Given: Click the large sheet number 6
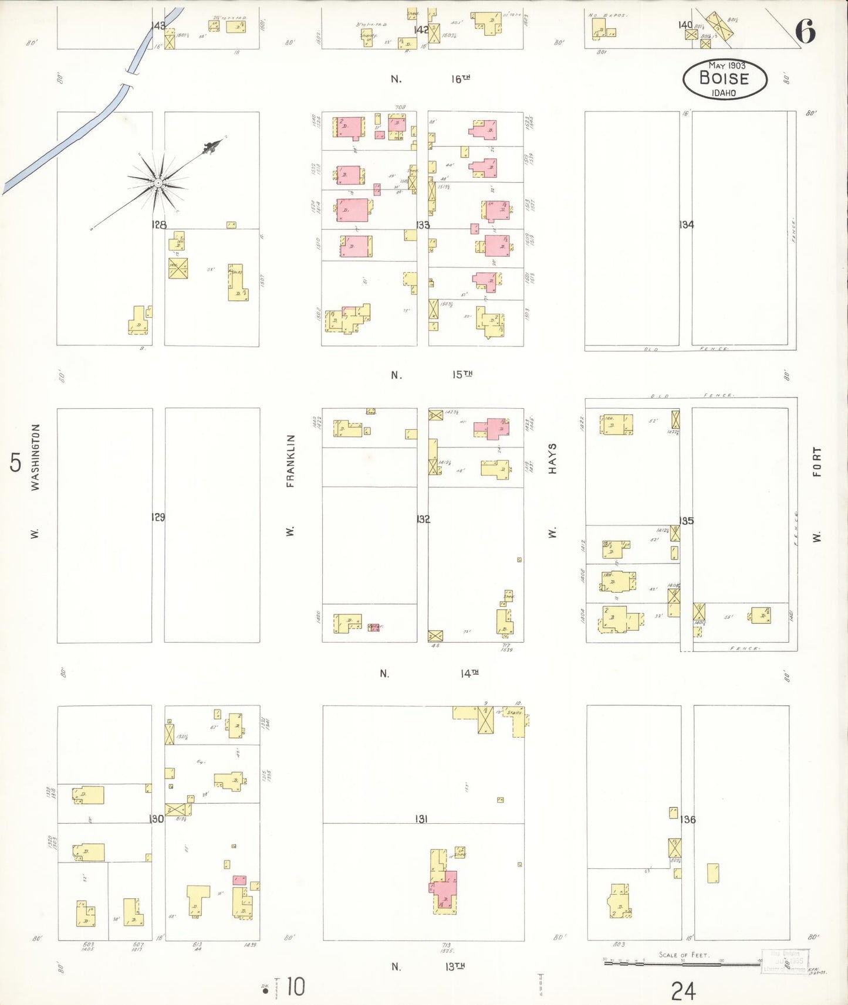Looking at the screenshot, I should [x=806, y=32].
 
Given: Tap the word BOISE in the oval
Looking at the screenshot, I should [x=724, y=78].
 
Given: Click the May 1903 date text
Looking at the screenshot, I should [x=727, y=65].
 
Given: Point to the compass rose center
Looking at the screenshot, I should [x=157, y=184].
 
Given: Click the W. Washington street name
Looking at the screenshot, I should [x=35, y=457].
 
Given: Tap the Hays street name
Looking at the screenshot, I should [x=552, y=459].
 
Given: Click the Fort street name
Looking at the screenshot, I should [x=816, y=462].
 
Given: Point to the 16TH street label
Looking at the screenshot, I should [x=461, y=79].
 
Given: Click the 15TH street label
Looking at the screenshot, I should [x=462, y=374].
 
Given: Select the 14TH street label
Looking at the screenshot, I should [x=469, y=674].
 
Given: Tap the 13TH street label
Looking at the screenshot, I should [x=455, y=966].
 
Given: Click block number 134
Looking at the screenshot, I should [x=686, y=225].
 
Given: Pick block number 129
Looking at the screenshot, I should [x=158, y=517].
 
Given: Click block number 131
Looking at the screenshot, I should [x=421, y=819].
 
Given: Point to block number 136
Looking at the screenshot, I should [x=688, y=819].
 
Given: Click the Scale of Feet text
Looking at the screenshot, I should [x=684, y=955].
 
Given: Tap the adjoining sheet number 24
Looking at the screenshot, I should [x=683, y=991].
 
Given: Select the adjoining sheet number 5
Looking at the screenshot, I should [x=15, y=463].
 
